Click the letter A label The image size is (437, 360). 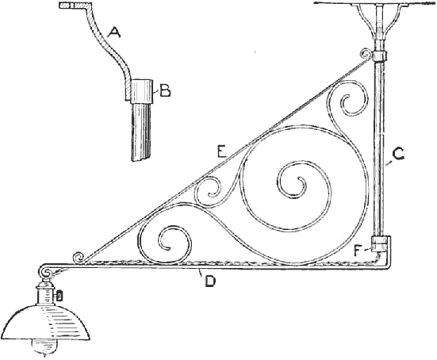[114, 32]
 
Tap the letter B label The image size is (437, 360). [165, 90]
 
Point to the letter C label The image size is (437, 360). [397, 155]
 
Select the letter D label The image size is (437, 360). [210, 281]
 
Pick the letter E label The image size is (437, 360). [222, 153]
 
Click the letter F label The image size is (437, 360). [359, 251]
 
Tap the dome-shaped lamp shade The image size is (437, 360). [46, 323]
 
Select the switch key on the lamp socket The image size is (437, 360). [59, 295]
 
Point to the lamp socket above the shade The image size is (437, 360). [44, 295]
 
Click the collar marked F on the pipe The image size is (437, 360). [379, 244]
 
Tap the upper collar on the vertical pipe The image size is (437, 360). [378, 56]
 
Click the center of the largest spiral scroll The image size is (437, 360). [301, 183]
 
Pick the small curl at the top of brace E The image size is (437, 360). [366, 54]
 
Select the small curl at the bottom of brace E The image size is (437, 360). [79, 258]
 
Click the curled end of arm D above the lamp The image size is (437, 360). [45, 271]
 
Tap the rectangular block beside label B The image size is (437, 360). [142, 91]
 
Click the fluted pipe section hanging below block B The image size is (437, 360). [140, 132]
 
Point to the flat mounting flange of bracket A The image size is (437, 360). [74, 5]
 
